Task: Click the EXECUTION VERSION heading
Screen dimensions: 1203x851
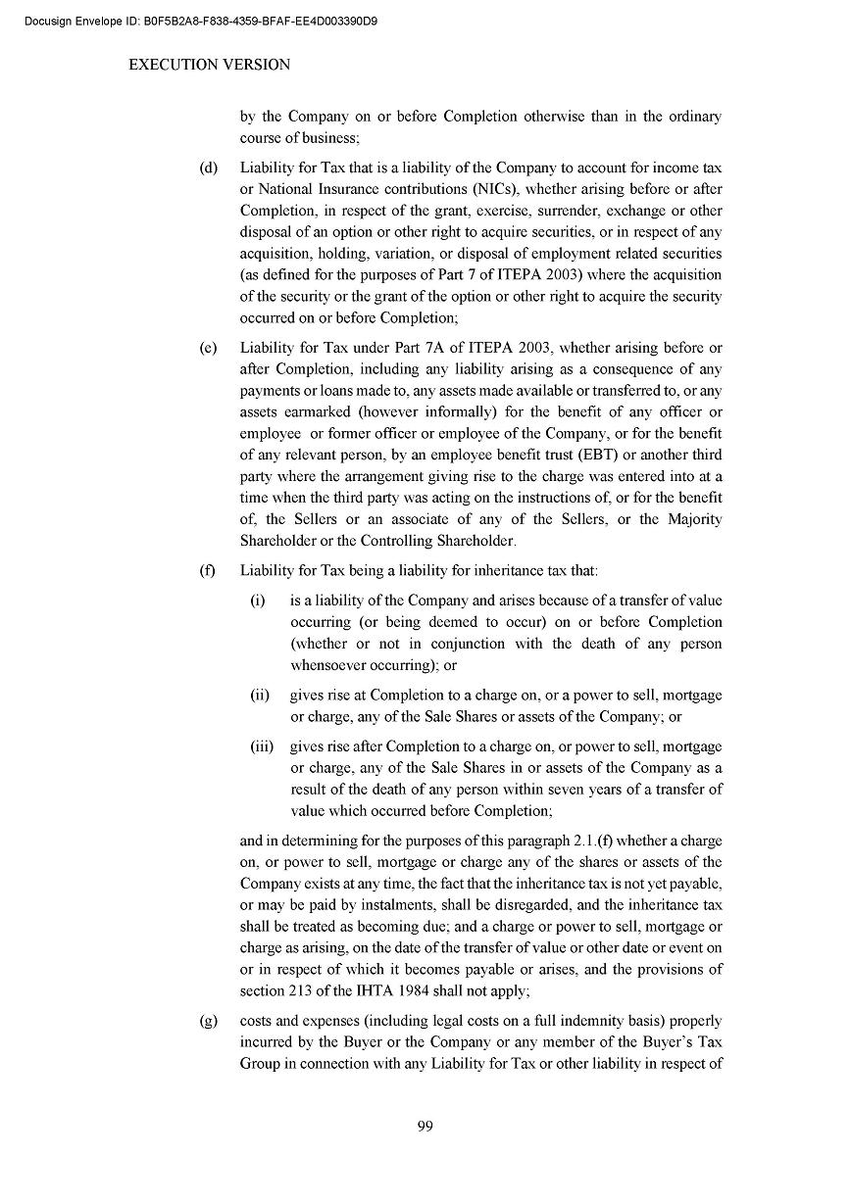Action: pyautogui.click(x=210, y=65)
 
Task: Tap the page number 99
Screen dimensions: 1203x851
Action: pyautogui.click(x=425, y=1126)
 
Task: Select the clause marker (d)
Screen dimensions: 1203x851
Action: pyautogui.click(x=208, y=168)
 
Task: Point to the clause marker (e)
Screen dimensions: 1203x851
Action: pyautogui.click(x=208, y=348)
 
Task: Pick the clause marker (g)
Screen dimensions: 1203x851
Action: pyautogui.click(x=208, y=1020)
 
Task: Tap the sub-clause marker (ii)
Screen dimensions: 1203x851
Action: pyautogui.click(x=260, y=695)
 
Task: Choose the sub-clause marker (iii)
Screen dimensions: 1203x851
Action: pyautogui.click(x=262, y=746)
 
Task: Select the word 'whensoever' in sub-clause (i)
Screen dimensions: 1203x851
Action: pyautogui.click(x=329, y=665)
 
